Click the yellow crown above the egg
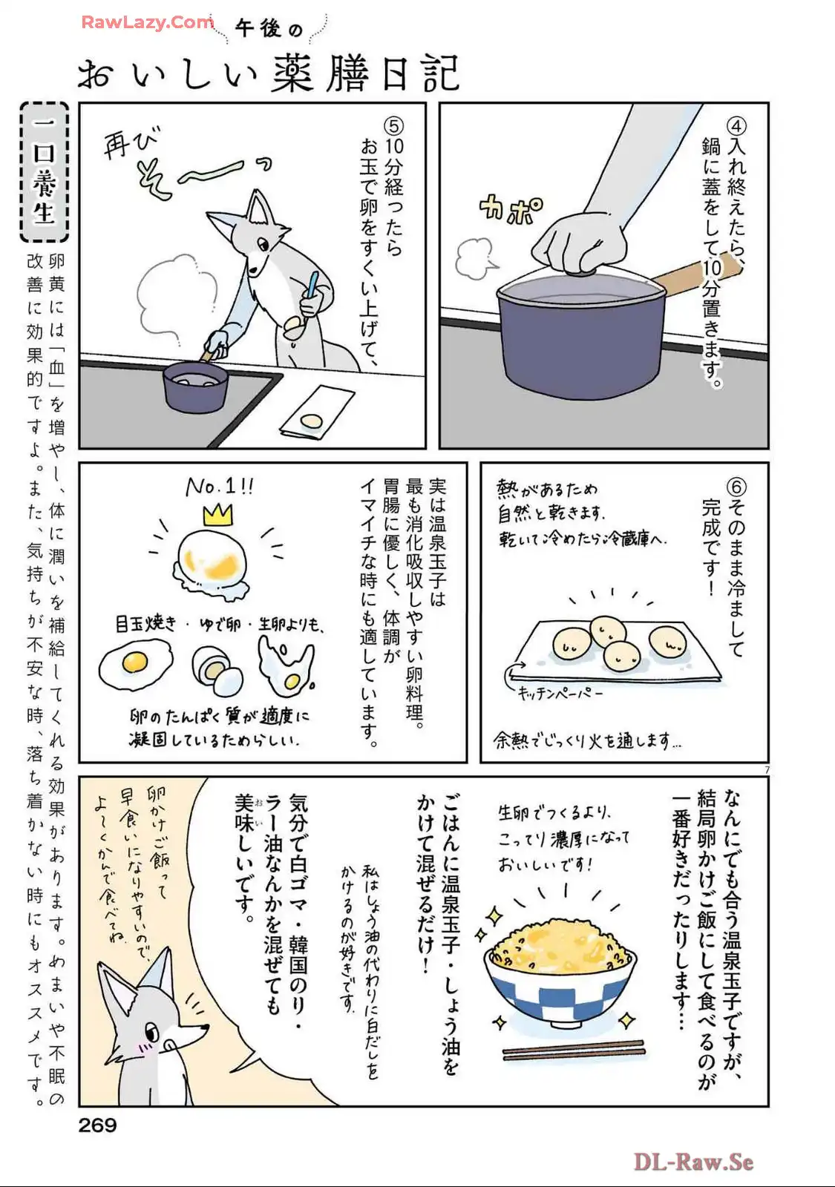(x=217, y=515)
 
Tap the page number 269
(x=97, y=1125)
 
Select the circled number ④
(x=738, y=125)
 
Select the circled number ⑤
(x=394, y=125)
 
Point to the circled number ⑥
(x=737, y=486)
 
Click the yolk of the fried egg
(x=134, y=661)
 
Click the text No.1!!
(x=220, y=487)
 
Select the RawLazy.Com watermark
(x=148, y=22)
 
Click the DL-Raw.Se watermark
(x=693, y=1161)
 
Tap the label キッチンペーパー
(x=560, y=693)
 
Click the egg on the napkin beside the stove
(x=311, y=421)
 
